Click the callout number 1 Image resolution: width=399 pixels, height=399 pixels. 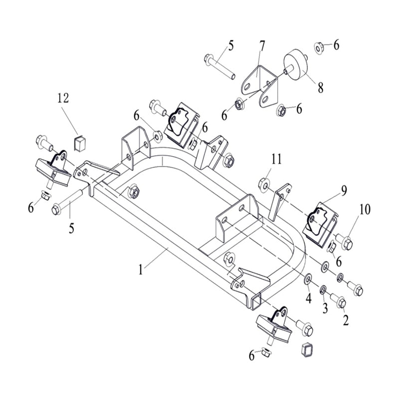click(141, 270)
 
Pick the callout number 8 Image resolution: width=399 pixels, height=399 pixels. click(320, 88)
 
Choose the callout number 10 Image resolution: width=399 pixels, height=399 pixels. click(365, 209)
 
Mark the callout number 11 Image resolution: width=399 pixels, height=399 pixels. click(277, 160)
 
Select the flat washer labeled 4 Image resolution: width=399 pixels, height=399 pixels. click(307, 278)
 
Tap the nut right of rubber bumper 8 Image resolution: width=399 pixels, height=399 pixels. click(319, 47)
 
